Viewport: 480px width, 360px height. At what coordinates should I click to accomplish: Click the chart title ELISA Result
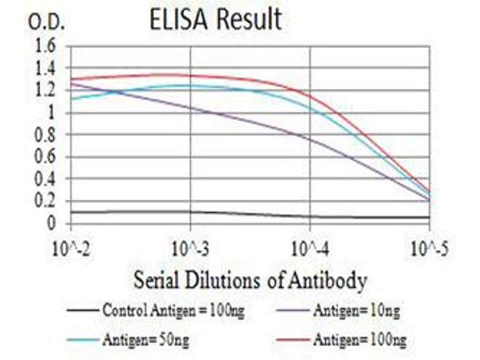coord(215,19)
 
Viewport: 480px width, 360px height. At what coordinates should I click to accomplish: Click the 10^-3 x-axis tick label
coord(191,246)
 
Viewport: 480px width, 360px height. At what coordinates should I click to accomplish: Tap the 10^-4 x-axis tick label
coord(310,246)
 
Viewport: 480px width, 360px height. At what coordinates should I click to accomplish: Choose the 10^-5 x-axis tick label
coord(430,246)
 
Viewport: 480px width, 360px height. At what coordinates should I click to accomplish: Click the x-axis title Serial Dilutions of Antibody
coord(250,280)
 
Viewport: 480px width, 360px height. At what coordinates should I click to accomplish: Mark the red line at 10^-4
coord(310,95)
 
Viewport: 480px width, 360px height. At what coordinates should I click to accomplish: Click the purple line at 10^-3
coord(191,109)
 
